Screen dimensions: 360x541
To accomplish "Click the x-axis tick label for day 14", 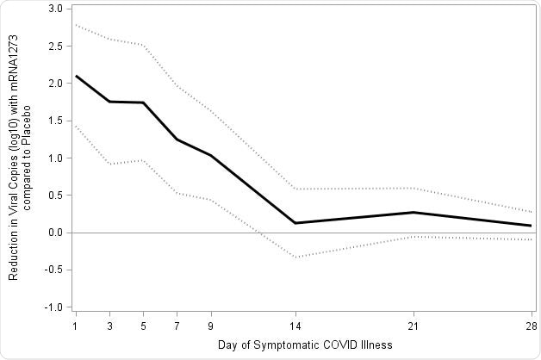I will (x=295, y=326).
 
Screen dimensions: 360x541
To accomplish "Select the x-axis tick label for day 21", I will (x=414, y=326).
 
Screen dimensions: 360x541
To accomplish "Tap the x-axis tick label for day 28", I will (x=532, y=326).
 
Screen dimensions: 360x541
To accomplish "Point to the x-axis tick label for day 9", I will (x=211, y=326).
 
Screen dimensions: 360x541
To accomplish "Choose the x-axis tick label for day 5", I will (x=143, y=326).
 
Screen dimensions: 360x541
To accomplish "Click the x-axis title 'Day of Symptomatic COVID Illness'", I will (x=306, y=345).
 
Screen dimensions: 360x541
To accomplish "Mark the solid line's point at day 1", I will (x=76, y=76).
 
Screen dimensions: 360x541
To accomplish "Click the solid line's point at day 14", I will (x=295, y=223).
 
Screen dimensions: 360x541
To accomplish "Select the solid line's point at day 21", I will (x=414, y=212).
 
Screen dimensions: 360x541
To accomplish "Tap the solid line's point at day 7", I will (x=177, y=140).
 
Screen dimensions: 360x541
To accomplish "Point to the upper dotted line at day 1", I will (x=76, y=24).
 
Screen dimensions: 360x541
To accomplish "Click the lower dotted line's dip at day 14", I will (x=295, y=258).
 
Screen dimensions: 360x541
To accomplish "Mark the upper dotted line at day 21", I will (x=414, y=188).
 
